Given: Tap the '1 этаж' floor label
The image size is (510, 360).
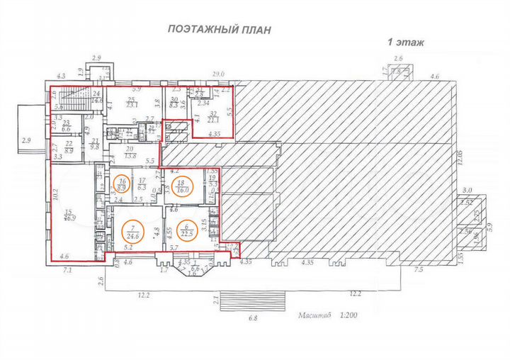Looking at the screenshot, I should coord(405,43).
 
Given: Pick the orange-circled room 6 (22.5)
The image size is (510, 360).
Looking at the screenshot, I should coord(187,232).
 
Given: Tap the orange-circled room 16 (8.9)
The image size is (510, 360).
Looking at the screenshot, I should coord(123,185).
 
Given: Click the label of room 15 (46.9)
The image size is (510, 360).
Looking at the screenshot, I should coord(69,215).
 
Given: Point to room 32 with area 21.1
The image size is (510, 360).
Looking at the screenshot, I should coord(212,116).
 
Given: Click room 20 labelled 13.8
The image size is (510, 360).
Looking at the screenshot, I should coord(130,152).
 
